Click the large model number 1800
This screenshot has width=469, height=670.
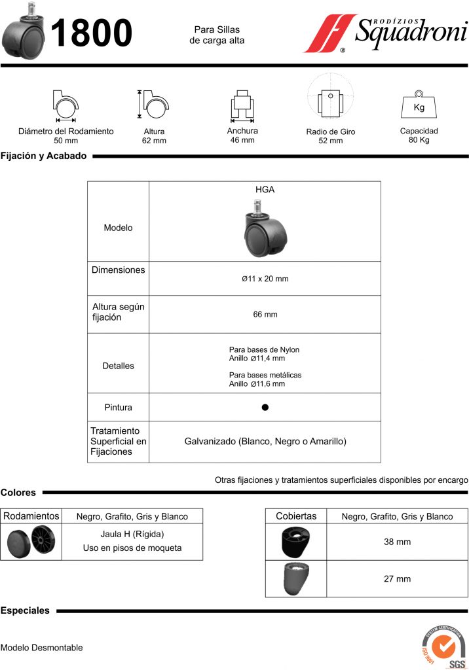click(91, 33)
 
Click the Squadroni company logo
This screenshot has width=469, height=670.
click(385, 32)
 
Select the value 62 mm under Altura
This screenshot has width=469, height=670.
click(154, 141)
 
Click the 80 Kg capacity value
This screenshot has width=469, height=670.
click(419, 140)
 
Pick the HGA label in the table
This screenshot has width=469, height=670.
click(265, 190)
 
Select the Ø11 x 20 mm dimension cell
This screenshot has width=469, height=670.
click(265, 279)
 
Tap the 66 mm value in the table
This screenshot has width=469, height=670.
click(265, 315)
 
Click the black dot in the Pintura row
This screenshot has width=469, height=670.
click(265, 407)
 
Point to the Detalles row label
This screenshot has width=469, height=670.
click(118, 366)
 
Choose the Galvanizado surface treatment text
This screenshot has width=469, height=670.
click(265, 442)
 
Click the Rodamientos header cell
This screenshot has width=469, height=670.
click(31, 516)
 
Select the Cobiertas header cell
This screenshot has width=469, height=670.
click(296, 516)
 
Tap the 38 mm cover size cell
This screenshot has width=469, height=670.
click(397, 542)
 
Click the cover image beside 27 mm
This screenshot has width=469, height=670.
click(296, 578)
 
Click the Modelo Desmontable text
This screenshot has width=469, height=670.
click(42, 648)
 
